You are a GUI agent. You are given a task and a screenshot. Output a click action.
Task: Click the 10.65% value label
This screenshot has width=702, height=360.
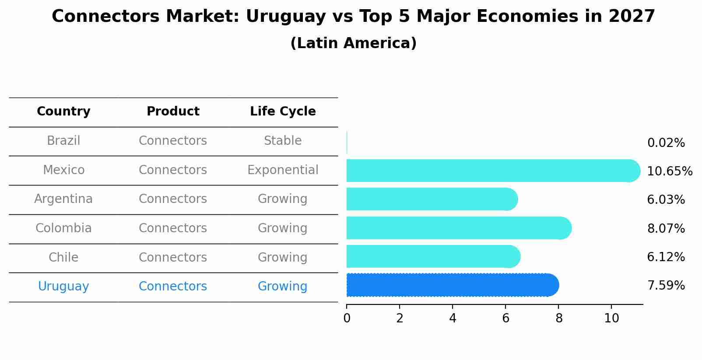[x=670, y=171]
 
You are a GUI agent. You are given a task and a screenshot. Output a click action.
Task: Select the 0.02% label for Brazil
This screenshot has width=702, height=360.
[x=666, y=143]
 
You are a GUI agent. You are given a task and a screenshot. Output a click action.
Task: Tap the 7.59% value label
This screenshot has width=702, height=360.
[x=666, y=286]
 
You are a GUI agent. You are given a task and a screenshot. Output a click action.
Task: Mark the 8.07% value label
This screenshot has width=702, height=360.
[x=666, y=228]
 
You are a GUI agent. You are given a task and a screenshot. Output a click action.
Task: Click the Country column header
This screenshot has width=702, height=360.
[x=63, y=112]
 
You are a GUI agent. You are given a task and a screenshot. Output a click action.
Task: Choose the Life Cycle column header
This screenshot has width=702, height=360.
[x=283, y=112]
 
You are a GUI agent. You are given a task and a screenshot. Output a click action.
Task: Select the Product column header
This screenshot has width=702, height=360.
[x=173, y=112]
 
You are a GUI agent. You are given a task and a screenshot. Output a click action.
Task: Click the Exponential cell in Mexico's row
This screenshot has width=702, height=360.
[x=283, y=170]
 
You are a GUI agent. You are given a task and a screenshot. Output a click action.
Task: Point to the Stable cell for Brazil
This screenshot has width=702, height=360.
[x=283, y=141]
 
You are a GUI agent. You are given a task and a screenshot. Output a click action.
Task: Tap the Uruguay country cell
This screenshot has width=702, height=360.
[x=63, y=287]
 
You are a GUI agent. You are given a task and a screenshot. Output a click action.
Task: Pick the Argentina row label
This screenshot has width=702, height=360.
[x=63, y=199]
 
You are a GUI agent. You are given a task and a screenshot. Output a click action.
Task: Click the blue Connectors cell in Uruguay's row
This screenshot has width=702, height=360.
[x=173, y=287]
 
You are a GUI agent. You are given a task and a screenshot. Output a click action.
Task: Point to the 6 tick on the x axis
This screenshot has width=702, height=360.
[x=505, y=318]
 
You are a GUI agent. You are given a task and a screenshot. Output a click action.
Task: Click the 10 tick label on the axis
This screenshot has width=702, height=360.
[x=611, y=318]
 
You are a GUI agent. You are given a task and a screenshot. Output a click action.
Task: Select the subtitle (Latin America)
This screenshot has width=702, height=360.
[x=353, y=43]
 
